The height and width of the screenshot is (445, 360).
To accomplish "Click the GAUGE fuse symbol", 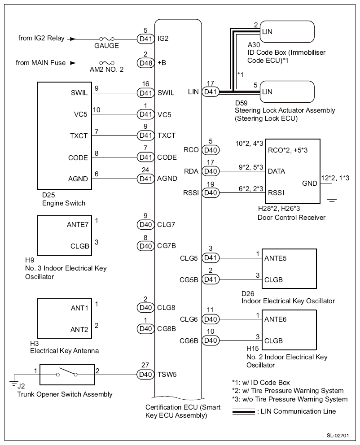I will tap(106, 39).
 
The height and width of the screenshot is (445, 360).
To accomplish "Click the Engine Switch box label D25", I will tap(35, 196).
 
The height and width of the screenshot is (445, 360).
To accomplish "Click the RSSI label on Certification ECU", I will tap(190, 193).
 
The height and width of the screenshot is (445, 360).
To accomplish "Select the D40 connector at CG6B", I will tap(210, 340).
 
